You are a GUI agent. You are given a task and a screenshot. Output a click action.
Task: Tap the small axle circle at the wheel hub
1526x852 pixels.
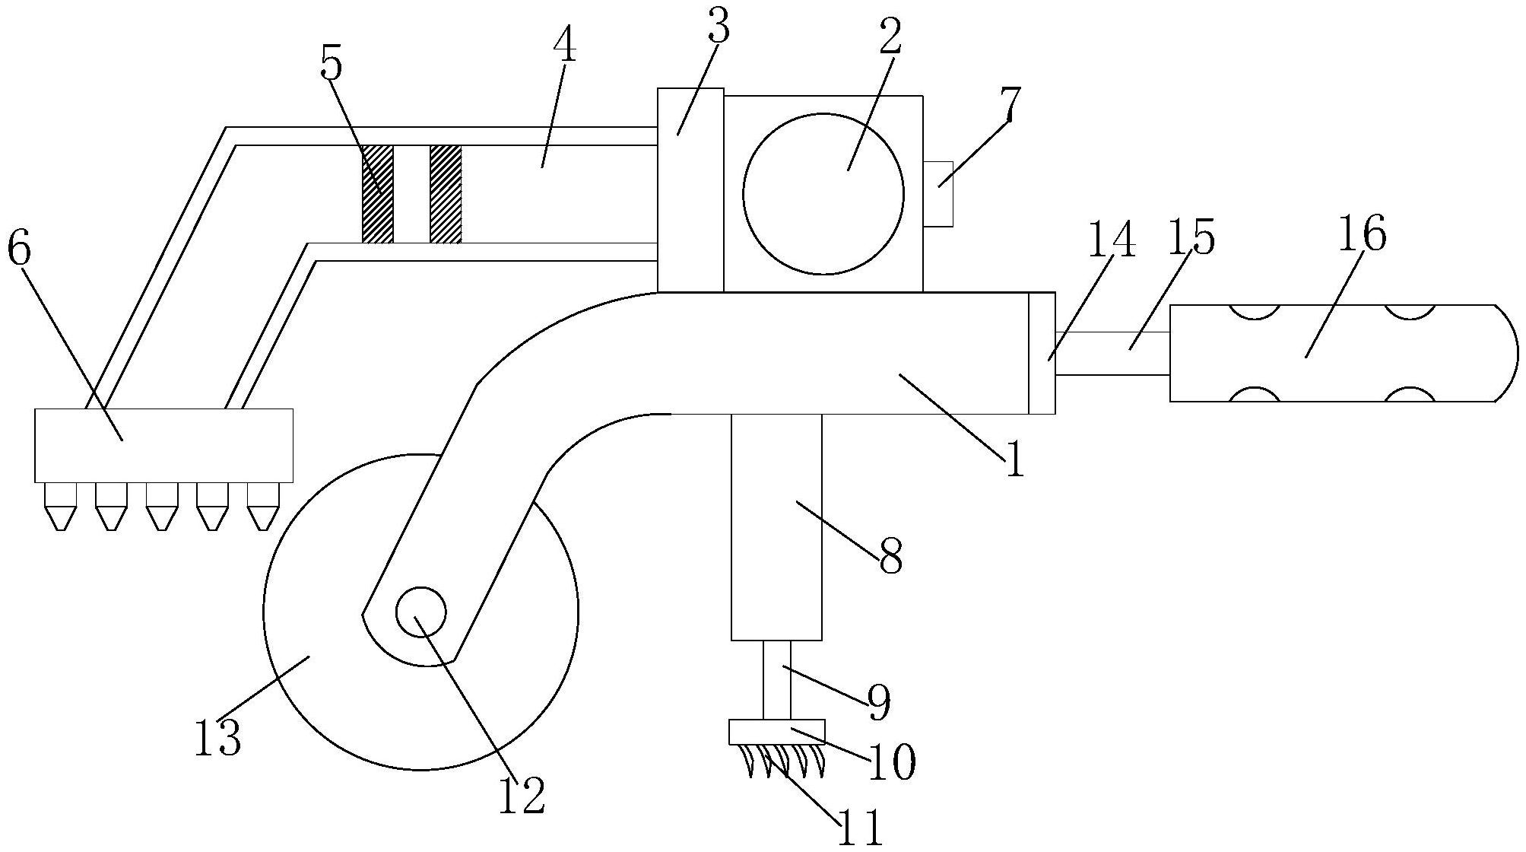pyautogui.click(x=420, y=612)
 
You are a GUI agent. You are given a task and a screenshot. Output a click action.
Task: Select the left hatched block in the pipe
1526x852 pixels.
pyautogui.click(x=378, y=194)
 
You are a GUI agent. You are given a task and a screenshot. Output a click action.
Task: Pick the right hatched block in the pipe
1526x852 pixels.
pyautogui.click(x=446, y=194)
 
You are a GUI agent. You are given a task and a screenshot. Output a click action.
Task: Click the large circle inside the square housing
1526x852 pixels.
pyautogui.click(x=823, y=193)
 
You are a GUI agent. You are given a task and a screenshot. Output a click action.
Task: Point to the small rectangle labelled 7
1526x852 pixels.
pyautogui.click(x=937, y=193)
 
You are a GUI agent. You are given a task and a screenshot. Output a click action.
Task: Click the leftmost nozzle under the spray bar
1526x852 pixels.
pyautogui.click(x=61, y=507)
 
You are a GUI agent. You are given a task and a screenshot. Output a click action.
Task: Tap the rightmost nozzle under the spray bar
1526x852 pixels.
pyautogui.click(x=263, y=507)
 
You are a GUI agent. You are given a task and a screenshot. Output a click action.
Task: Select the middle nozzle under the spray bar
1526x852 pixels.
pyautogui.click(x=162, y=507)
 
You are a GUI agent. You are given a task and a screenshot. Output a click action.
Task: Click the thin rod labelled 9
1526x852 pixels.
pyautogui.click(x=777, y=680)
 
